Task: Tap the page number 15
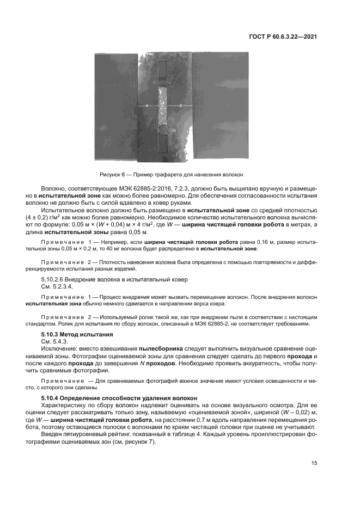[x=314, y=463]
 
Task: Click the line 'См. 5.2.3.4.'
[x=57, y=286]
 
